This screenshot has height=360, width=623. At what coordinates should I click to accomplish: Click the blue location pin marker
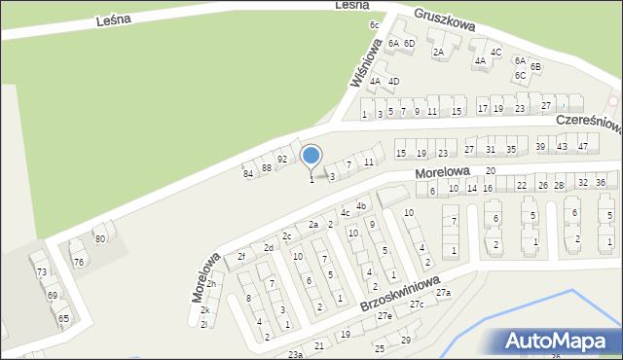[x=311, y=156]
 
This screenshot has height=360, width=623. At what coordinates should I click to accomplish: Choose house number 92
[x=281, y=159]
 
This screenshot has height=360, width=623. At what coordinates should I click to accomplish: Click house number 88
[x=266, y=167]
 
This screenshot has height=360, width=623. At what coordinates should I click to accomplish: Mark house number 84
[x=248, y=173]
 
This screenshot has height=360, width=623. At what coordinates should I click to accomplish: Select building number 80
[x=99, y=238]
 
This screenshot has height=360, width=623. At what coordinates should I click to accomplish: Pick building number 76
[x=78, y=263]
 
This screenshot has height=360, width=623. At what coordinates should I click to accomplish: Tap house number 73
[x=41, y=272]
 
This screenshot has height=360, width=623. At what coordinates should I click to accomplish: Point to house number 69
[x=52, y=295]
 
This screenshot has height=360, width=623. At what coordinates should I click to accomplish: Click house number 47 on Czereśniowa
[x=583, y=146]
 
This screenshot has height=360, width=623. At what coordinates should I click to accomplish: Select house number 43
[x=562, y=146]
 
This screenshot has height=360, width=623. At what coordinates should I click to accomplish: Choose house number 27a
[x=444, y=293]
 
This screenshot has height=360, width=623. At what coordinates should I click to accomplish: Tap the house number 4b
[x=360, y=205]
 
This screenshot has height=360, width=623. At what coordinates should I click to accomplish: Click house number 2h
[x=210, y=284]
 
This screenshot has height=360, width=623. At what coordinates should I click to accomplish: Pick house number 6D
[x=410, y=43]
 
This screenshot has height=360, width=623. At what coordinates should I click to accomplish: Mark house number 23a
[x=295, y=355]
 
